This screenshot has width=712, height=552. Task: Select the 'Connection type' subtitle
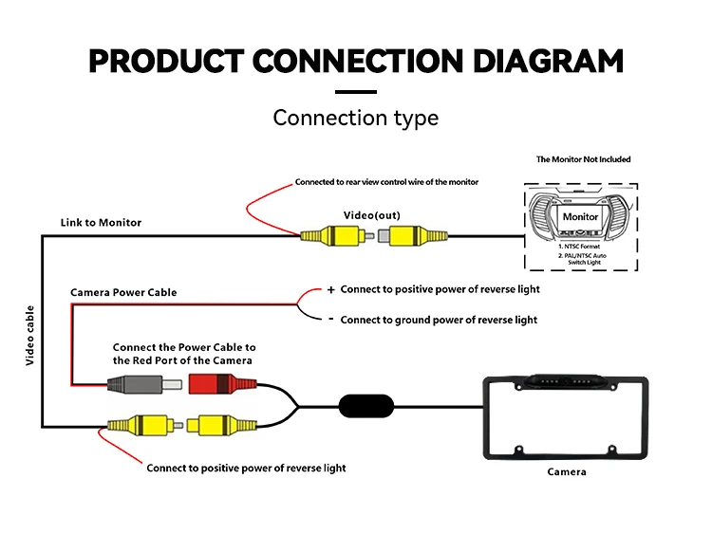click(x=356, y=118)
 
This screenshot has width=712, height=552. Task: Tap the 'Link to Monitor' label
click(x=101, y=222)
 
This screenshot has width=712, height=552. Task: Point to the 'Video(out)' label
click(x=371, y=215)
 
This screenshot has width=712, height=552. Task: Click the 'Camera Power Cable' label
click(x=123, y=292)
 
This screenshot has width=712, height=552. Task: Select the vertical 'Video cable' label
click(x=29, y=336)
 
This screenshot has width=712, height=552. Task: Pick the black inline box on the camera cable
click(x=365, y=406)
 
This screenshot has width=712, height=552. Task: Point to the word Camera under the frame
click(x=567, y=471)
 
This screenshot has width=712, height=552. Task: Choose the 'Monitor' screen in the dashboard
click(x=580, y=216)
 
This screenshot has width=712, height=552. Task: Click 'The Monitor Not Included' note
click(x=583, y=159)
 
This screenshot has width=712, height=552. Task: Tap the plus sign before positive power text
click(x=330, y=289)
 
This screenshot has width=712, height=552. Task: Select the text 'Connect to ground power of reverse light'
click(x=439, y=320)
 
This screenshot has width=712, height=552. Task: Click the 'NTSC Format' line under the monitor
click(x=580, y=246)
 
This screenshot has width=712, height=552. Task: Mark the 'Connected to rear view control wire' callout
click(x=386, y=181)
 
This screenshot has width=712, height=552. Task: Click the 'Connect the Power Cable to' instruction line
click(x=184, y=347)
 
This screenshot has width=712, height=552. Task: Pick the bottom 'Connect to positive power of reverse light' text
click(x=246, y=468)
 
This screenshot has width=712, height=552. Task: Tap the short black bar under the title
click(x=356, y=92)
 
